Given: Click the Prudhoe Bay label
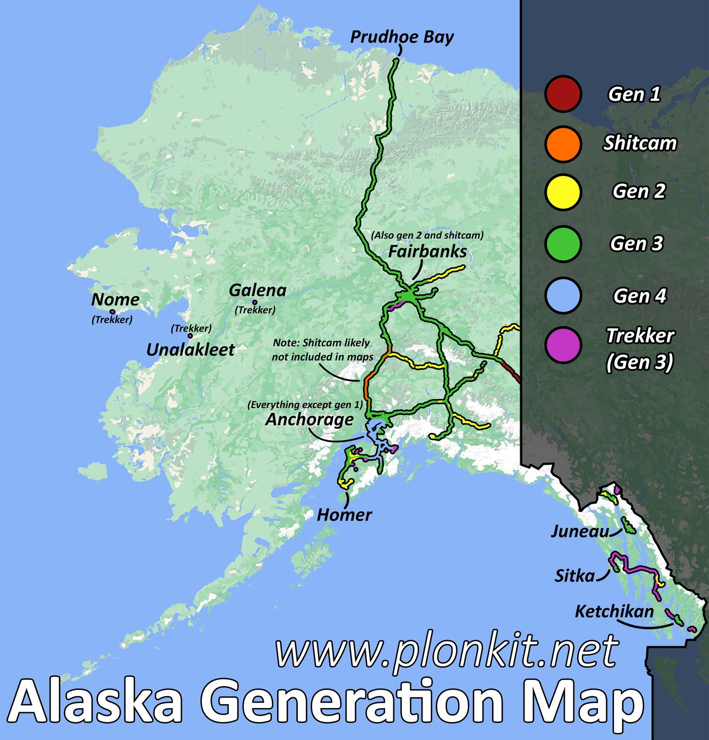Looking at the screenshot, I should [x=402, y=37].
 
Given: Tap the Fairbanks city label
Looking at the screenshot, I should [x=427, y=251].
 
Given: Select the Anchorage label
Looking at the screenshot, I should [x=310, y=419].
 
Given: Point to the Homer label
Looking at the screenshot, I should [x=344, y=515].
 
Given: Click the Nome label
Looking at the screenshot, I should [x=115, y=299].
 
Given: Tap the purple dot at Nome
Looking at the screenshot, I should [x=112, y=312].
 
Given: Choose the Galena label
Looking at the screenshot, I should [x=258, y=290].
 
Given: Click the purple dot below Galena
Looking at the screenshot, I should [x=255, y=302].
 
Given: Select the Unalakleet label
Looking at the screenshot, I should [x=190, y=349].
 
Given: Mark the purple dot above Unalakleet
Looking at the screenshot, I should [x=190, y=336].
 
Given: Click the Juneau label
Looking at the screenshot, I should [x=580, y=532].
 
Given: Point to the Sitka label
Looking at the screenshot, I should [x=575, y=576].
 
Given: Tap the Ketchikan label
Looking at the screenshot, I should [x=614, y=612].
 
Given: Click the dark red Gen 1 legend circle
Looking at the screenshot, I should [x=562, y=94].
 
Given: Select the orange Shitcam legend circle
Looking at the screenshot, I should [x=562, y=144].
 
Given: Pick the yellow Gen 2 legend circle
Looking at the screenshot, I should [x=562, y=192].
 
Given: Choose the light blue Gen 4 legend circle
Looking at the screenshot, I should [x=562, y=296].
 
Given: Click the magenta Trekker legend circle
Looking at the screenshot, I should [x=562, y=345].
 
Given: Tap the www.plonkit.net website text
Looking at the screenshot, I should [x=447, y=651].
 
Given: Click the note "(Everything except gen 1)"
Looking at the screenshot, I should [x=305, y=405].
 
